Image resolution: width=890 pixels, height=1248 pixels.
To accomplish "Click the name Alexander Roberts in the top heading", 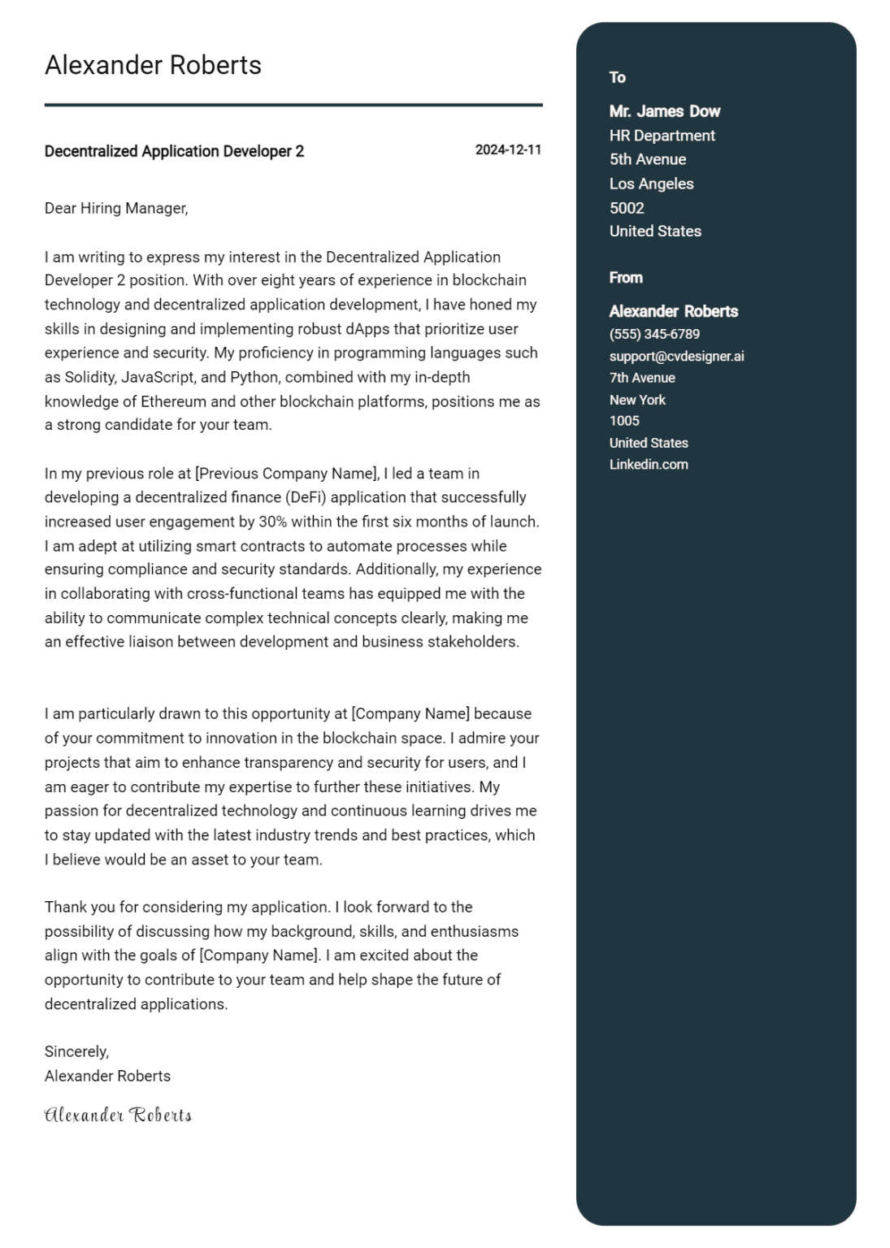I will (153, 65).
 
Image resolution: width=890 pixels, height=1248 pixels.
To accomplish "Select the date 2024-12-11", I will (508, 150).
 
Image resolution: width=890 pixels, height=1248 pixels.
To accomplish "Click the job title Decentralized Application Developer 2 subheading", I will (174, 151).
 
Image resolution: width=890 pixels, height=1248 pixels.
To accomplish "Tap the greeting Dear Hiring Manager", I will (116, 208).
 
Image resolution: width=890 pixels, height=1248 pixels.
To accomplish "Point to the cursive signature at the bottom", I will (118, 1115).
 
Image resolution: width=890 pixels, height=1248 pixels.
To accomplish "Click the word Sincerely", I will (76, 1051).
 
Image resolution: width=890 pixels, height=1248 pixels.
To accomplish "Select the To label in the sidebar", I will (618, 77).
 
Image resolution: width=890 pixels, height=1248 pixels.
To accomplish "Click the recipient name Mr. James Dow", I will (665, 111).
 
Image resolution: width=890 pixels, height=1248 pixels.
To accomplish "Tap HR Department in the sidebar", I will (662, 136).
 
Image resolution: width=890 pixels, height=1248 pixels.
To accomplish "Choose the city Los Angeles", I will (652, 184).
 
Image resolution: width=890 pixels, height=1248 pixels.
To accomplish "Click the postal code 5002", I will (627, 208).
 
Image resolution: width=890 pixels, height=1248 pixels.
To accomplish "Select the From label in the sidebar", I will (626, 278).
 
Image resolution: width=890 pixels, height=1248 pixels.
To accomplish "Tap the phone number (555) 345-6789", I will (654, 334).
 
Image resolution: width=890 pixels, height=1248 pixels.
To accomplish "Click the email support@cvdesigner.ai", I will (676, 356).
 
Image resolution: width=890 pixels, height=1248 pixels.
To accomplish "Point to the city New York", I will (637, 400).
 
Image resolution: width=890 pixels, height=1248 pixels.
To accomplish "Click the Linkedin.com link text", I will (649, 465).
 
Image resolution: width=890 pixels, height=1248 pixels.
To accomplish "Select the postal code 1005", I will (624, 421).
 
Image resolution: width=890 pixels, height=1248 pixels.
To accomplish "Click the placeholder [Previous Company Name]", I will (287, 474).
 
